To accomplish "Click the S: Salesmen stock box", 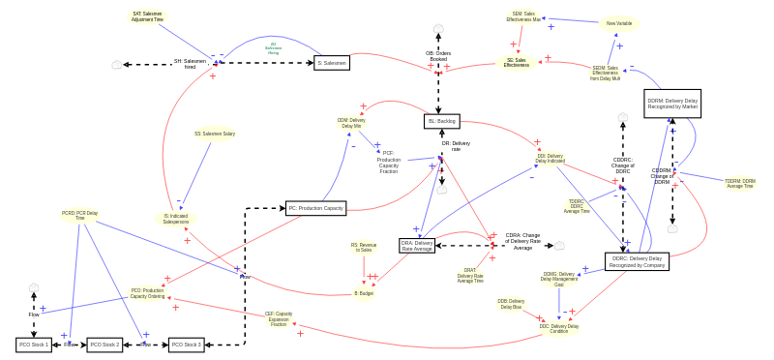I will point(332,63).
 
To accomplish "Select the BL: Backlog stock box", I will point(441,121).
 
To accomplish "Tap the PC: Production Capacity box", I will point(315,208).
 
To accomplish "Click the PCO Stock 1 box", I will point(34,345).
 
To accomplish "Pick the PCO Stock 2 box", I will point(104,345).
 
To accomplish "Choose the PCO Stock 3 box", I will point(186,345).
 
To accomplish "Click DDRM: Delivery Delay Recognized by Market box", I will point(672,104).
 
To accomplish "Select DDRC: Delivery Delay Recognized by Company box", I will point(637,261).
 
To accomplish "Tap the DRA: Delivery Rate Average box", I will point(417,246).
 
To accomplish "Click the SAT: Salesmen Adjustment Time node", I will point(147,17).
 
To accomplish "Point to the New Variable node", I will point(618,23).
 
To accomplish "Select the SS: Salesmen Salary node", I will point(214,135).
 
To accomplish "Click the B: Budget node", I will point(364,292).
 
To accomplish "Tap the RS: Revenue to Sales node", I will point(364,248).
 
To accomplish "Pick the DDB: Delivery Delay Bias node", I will point(511,304).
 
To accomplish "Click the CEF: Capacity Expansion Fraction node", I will point(279,318).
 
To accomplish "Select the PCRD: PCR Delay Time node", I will point(80,216).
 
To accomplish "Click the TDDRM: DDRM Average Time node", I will point(740,183).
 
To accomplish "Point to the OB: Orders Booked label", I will point(438,56).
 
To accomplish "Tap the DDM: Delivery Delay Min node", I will point(350,123).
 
